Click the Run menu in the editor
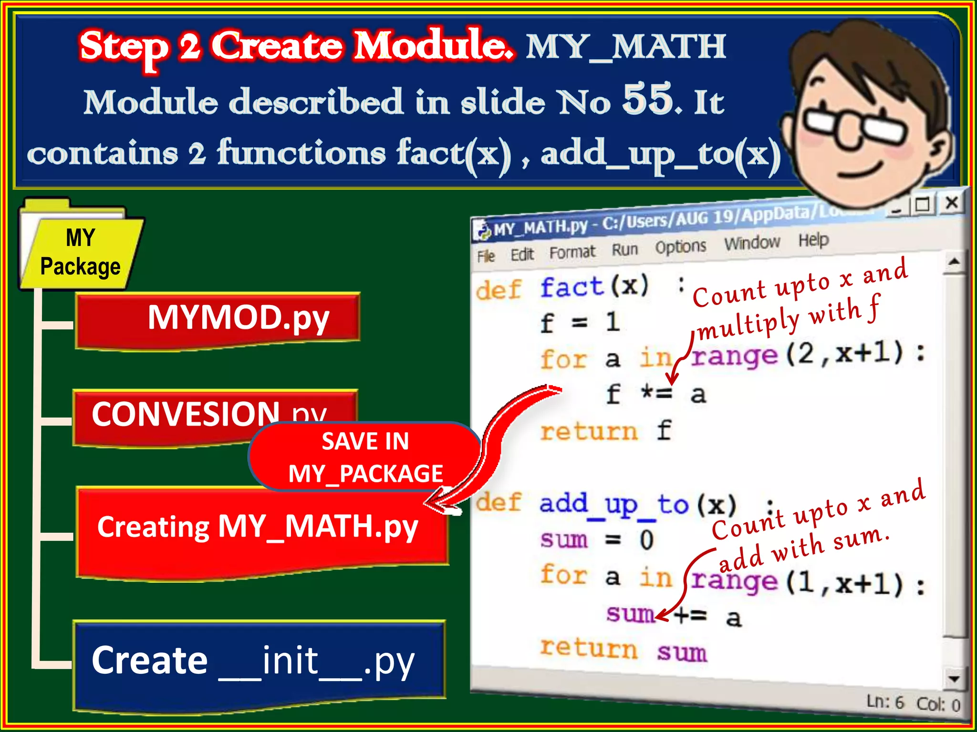click(x=624, y=249)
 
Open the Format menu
click(x=572, y=252)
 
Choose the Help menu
click(x=813, y=240)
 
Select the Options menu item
click(x=680, y=246)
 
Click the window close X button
click(x=952, y=203)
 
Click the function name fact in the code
click(x=572, y=287)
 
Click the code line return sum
click(x=623, y=650)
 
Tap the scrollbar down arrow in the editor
click(x=954, y=679)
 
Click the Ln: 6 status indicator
click(x=885, y=702)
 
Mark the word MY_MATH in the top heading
click(x=625, y=47)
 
